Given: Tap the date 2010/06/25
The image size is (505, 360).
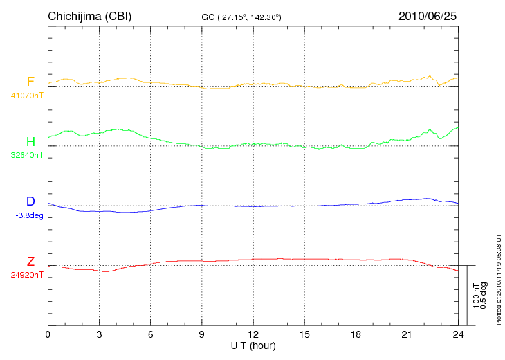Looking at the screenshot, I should pos(428,16).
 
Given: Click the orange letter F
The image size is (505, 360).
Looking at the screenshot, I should pos(30,82).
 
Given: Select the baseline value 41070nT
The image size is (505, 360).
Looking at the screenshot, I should pos(27,96).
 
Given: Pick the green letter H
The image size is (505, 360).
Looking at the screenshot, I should pos(30,142).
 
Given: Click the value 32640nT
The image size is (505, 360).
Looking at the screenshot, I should pos(27,155).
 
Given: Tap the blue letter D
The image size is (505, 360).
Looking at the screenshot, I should pos(30,201).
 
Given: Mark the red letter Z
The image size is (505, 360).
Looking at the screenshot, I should pos(30,262).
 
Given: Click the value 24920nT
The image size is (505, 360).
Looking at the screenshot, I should pos(27,275).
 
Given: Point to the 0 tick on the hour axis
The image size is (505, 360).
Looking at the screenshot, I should pos(48,334).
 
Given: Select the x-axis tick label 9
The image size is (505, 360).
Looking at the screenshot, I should pos(202,334).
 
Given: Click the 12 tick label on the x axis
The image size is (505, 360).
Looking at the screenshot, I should pos(253,334).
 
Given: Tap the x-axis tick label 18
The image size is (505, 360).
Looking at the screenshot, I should pos(356,334).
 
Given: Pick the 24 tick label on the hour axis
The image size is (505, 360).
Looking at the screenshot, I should pos(458,334).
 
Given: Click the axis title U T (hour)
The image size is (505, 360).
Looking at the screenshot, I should pos(253,345).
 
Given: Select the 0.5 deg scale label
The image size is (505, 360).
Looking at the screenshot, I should pos(485,296).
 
